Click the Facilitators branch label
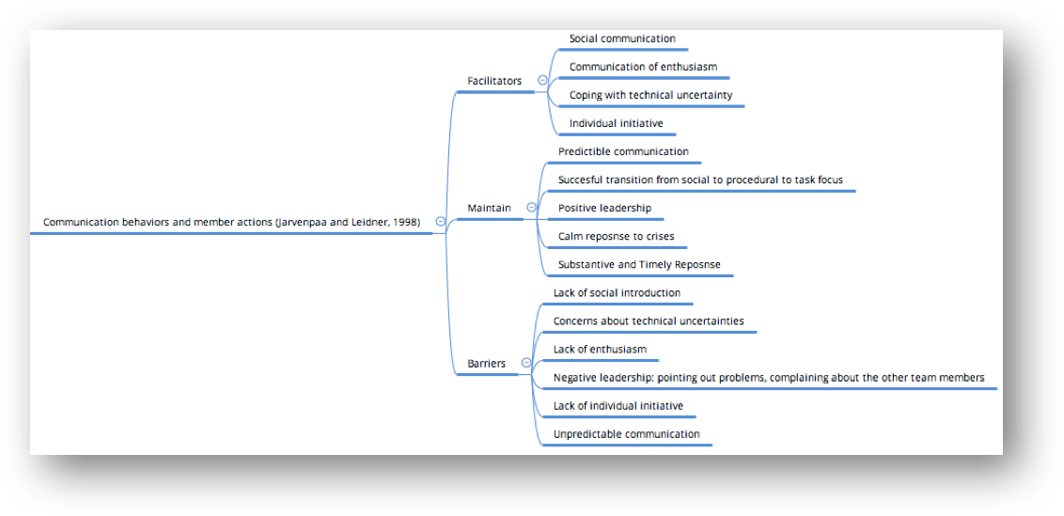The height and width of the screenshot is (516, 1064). (494, 81)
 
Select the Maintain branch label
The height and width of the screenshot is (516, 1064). (490, 208)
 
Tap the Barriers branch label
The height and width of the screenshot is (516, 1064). (487, 363)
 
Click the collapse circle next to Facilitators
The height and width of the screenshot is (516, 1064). (542, 80)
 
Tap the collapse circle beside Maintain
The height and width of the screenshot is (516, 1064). (531, 207)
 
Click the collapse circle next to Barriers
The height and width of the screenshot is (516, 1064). (526, 363)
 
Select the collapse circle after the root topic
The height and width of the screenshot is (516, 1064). (441, 221)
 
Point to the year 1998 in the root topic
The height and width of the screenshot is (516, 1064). (405, 222)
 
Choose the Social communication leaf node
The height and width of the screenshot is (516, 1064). (622, 39)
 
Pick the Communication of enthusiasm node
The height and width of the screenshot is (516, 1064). (643, 67)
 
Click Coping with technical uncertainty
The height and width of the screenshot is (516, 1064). (650, 95)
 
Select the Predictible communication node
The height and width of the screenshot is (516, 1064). (623, 151)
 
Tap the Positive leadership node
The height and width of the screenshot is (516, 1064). (604, 208)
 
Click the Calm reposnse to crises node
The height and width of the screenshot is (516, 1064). (616, 236)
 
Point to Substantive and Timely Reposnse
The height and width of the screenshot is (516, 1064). (639, 264)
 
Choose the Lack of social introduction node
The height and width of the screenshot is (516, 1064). (617, 292)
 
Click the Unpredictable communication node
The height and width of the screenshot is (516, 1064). (626, 434)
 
